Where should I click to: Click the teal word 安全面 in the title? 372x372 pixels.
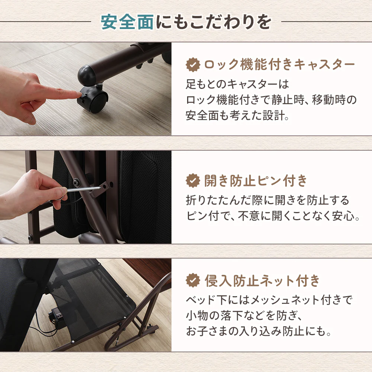[127, 22]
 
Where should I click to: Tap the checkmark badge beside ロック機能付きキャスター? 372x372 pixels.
[193, 64]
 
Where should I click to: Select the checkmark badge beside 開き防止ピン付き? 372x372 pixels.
[193, 180]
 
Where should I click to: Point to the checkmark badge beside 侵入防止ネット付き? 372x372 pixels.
[193, 280]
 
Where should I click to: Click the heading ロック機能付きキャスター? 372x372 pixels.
[280, 64]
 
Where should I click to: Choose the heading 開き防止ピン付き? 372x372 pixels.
[256, 180]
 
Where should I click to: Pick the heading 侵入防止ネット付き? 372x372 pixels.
[262, 280]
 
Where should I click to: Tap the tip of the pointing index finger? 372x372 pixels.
[80, 95]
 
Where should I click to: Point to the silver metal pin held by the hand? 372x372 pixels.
[84, 189]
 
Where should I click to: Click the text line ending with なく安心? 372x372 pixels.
[273, 216]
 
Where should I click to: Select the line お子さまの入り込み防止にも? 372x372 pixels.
[258, 331]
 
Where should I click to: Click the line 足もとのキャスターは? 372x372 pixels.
[237, 84]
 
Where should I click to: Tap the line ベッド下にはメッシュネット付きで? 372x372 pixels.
[269, 300]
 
